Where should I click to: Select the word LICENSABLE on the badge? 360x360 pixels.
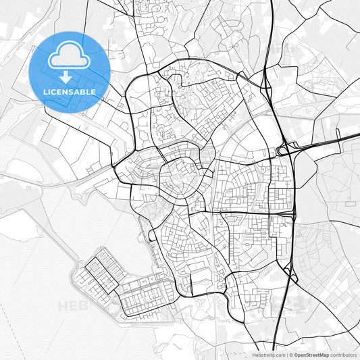pyautogui.click(x=70, y=91)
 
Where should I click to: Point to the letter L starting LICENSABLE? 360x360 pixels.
pyautogui.click(x=45, y=91)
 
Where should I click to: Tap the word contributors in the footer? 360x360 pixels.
pyautogui.click(x=344, y=354)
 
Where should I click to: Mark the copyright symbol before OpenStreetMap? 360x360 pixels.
pyautogui.click(x=290, y=354)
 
